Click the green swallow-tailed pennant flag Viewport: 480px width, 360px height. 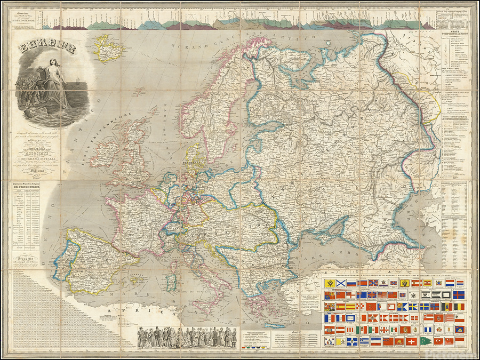click(426, 341)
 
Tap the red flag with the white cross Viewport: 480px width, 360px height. click(411, 341)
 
